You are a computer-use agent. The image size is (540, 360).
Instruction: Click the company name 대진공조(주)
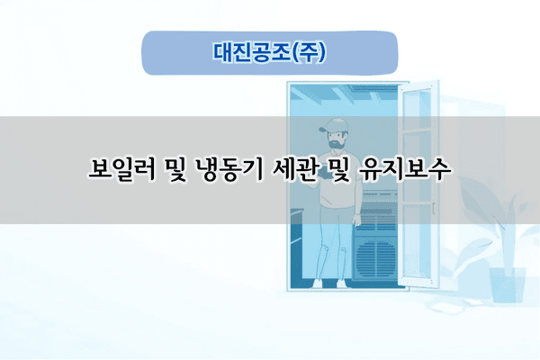pos(270,51)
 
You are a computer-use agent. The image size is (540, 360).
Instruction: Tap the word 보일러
pos(129,169)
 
